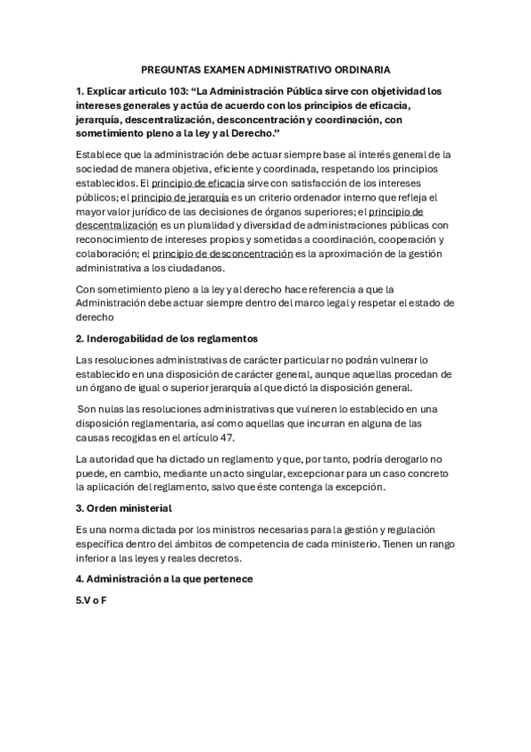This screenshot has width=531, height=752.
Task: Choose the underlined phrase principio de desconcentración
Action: [x=229, y=254]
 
